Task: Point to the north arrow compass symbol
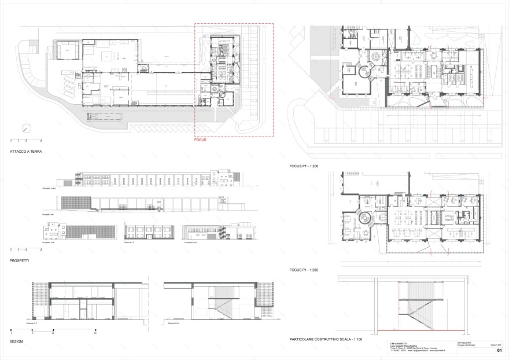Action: [25, 128]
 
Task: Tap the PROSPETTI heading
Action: [20, 262]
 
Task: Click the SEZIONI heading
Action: [17, 342]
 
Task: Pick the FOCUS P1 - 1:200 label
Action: [304, 270]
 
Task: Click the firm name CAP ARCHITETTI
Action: [399, 343]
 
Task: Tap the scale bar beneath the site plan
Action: [26, 139]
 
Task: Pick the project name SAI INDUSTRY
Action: [449, 343]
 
